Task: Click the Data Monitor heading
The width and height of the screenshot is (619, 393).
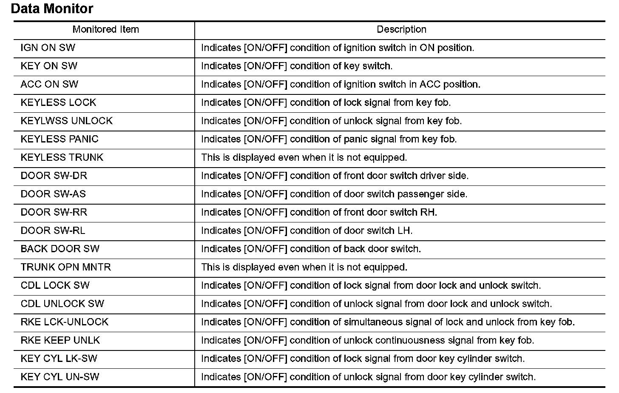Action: pyautogui.click(x=52, y=9)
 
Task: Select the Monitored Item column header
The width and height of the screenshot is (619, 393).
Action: pyautogui.click(x=105, y=29)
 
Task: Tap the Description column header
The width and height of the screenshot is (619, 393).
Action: pyautogui.click(x=401, y=29)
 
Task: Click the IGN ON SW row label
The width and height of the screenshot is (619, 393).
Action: pyautogui.click(x=48, y=48)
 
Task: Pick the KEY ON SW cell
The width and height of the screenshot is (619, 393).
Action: pyautogui.click(x=49, y=66)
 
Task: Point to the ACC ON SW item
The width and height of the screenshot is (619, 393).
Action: pyautogui.click(x=49, y=84)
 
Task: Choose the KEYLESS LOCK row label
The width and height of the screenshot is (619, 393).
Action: pyautogui.click(x=58, y=103)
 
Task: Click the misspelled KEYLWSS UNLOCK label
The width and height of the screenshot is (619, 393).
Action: pyautogui.click(x=66, y=121)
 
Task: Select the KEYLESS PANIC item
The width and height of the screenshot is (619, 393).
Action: pyautogui.click(x=60, y=139)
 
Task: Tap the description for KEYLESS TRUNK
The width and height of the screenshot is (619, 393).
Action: pyautogui.click(x=304, y=157)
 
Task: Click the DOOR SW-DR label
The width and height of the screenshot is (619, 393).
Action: pyautogui.click(x=54, y=176)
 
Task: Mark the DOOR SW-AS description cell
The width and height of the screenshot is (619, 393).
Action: pyautogui.click(x=334, y=194)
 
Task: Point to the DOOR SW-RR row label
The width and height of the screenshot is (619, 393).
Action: pyautogui.click(x=54, y=212)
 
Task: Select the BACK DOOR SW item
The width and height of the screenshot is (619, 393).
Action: pyautogui.click(x=60, y=249)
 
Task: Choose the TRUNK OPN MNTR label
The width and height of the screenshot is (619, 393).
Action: pyautogui.click(x=65, y=267)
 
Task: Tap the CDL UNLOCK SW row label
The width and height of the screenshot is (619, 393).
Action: pyautogui.click(x=62, y=304)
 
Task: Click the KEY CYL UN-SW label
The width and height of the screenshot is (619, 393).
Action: pyautogui.click(x=60, y=377)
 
